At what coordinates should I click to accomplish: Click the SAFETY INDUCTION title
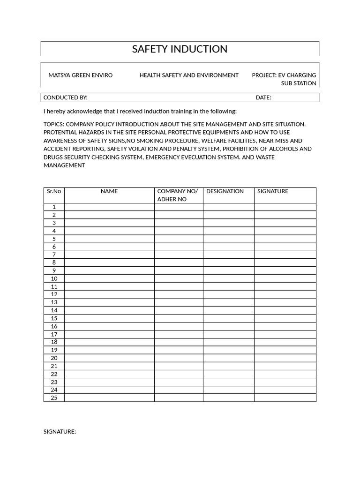pyautogui.click(x=180, y=49)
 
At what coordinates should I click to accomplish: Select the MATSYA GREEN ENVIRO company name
pyautogui.click(x=81, y=75)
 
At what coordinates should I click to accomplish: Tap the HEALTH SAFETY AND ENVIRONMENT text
pyautogui.click(x=189, y=75)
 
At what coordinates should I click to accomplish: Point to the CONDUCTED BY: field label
pyautogui.click(x=66, y=97)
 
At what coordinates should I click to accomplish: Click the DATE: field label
pyautogui.click(x=263, y=97)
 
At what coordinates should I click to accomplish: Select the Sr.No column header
pyautogui.click(x=54, y=191)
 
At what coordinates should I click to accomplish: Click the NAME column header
pyautogui.click(x=109, y=191)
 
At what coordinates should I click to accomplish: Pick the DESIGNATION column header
pyautogui.click(x=225, y=191)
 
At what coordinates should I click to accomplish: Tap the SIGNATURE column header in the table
pyautogui.click(x=273, y=191)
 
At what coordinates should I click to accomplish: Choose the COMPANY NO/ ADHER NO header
pyautogui.click(x=178, y=195)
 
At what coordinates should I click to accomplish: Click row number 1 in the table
pyautogui.click(x=54, y=207)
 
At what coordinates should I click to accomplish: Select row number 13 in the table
pyautogui.click(x=54, y=302)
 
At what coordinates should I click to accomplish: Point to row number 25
pyautogui.click(x=54, y=398)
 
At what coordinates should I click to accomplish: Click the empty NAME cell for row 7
pyautogui.click(x=109, y=255)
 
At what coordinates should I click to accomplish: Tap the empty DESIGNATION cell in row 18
pyautogui.click(x=228, y=342)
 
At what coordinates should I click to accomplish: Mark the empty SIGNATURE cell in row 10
pyautogui.click(x=285, y=278)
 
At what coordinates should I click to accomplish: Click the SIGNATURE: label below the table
pyautogui.click(x=60, y=432)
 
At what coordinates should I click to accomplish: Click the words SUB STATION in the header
pyautogui.click(x=299, y=83)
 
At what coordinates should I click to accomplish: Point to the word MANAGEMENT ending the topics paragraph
pyautogui.click(x=64, y=165)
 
